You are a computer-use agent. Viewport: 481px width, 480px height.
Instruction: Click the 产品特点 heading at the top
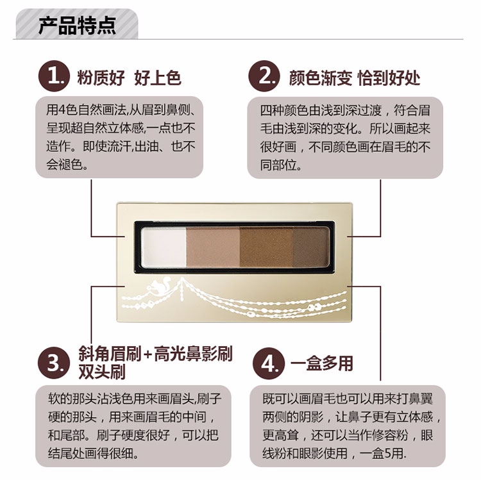(x=77, y=25)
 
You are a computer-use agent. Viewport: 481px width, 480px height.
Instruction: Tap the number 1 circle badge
(x=54, y=76)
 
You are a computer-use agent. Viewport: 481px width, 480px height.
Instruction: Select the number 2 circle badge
(x=264, y=76)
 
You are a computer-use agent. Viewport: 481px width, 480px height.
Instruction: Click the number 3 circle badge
(x=54, y=363)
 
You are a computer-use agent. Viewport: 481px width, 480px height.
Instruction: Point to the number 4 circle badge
(x=269, y=363)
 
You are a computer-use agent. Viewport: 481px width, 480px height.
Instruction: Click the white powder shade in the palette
(x=164, y=247)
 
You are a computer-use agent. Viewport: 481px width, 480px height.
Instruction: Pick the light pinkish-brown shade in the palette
(x=213, y=247)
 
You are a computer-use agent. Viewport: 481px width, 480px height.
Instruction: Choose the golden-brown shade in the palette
(x=266, y=247)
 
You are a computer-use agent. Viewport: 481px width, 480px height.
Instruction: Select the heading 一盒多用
(x=322, y=363)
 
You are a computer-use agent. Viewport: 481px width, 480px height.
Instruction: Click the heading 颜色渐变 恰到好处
(x=354, y=78)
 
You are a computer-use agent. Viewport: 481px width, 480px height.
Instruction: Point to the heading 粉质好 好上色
(x=129, y=78)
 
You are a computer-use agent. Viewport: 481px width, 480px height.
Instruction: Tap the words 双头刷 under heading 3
(x=102, y=372)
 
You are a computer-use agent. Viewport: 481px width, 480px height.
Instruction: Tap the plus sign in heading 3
(x=148, y=354)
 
